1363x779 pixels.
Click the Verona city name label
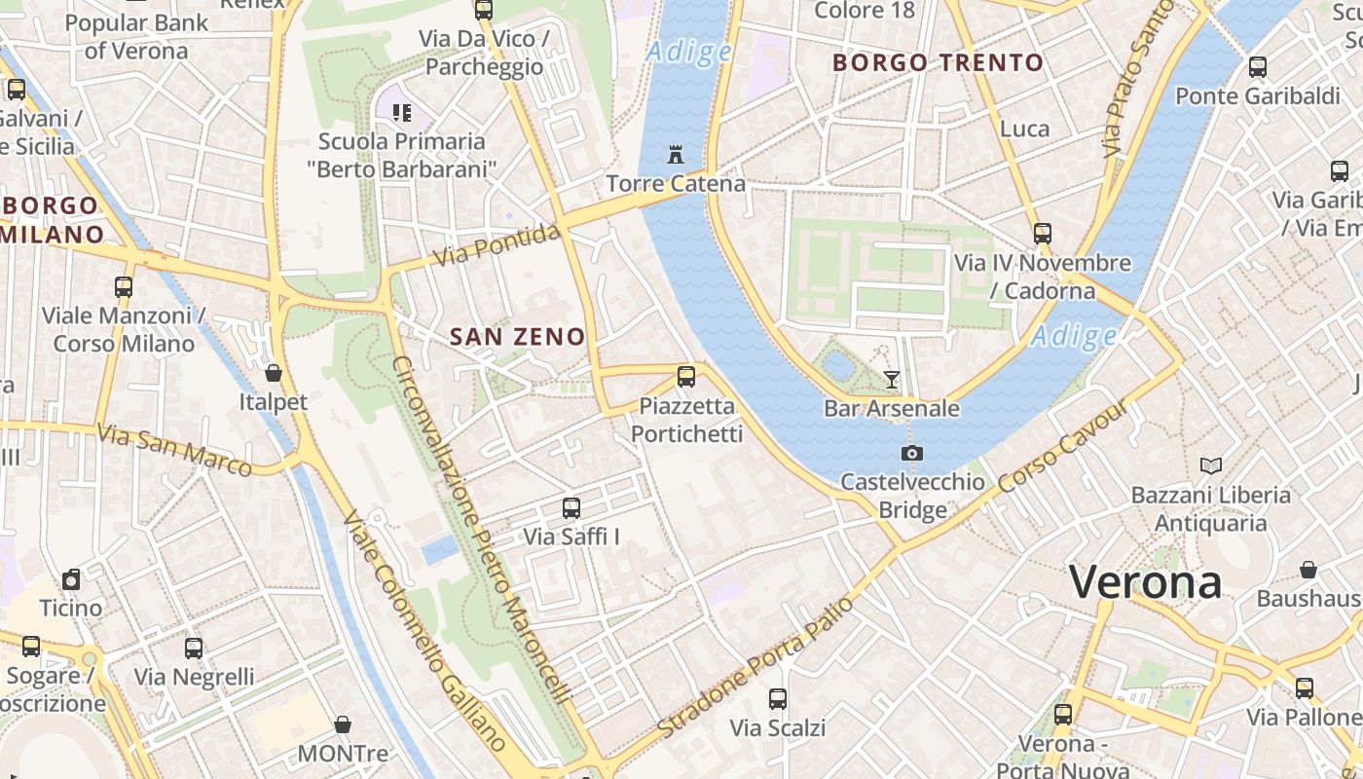1145,582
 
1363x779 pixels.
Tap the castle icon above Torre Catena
676,154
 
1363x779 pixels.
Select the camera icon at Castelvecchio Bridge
912,453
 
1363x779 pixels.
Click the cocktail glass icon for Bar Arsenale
892,379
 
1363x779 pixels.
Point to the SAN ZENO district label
517,337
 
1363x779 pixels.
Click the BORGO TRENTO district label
938,63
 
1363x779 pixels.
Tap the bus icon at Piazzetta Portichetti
686,376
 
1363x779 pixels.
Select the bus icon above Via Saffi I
571,507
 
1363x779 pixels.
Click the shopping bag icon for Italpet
274,373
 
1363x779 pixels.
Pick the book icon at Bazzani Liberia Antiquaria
1210,465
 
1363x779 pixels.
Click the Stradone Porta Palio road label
755,667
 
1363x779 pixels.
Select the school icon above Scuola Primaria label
402,112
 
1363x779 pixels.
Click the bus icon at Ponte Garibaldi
1258,67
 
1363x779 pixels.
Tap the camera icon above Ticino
71,579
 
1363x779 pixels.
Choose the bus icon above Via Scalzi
777,698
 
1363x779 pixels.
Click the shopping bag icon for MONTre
343,724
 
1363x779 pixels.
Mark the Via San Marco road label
176,449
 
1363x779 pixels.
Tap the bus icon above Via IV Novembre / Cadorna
1043,234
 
